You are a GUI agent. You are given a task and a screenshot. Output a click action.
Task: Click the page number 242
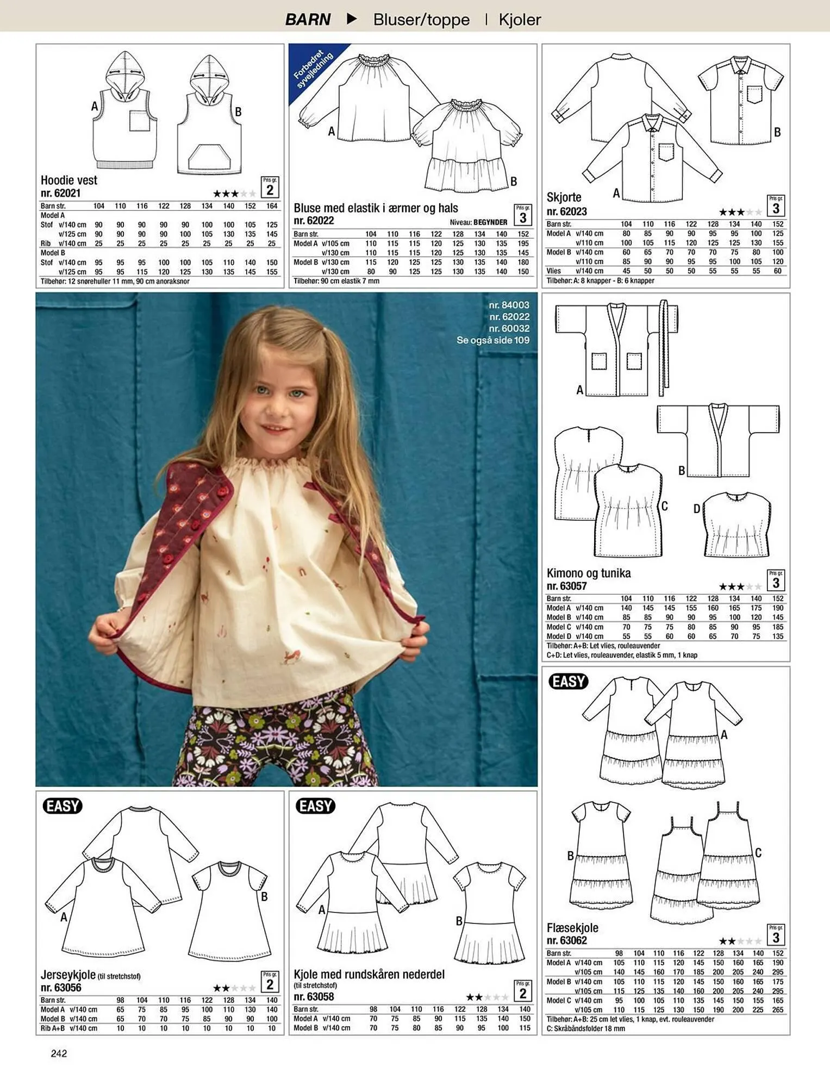pyautogui.click(x=59, y=1053)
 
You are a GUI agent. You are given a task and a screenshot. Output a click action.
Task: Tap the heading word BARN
pyautogui.click(x=308, y=20)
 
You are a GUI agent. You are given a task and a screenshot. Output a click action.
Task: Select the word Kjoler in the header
pyautogui.click(x=520, y=20)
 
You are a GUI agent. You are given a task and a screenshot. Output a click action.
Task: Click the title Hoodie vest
pyautogui.click(x=69, y=180)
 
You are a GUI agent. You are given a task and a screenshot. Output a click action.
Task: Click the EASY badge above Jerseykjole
pyautogui.click(x=63, y=805)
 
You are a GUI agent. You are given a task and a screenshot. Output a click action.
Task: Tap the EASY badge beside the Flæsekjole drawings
pyautogui.click(x=569, y=681)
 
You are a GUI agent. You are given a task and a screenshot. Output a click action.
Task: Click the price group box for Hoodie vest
pyautogui.click(x=270, y=187)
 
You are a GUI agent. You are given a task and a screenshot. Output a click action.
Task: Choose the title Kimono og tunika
pyautogui.click(x=589, y=573)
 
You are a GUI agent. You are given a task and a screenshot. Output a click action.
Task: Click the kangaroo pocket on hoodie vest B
pyautogui.click(x=209, y=157)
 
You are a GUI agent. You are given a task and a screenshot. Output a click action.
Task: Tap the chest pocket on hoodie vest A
pyautogui.click(x=140, y=121)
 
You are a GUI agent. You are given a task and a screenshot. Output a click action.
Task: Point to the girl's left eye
pyautogui.click(x=296, y=393)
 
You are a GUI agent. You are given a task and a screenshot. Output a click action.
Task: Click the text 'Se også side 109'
pyautogui.click(x=492, y=340)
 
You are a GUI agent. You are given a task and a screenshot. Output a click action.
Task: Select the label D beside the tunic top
pyautogui.click(x=696, y=509)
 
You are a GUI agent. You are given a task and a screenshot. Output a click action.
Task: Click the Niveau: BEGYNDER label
pyautogui.click(x=478, y=222)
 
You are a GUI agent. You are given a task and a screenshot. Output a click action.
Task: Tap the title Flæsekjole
pyautogui.click(x=572, y=928)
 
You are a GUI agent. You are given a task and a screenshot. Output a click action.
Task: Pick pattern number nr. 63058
pyautogui.click(x=314, y=997)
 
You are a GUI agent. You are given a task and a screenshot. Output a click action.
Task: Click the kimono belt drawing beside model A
pyautogui.click(x=664, y=348)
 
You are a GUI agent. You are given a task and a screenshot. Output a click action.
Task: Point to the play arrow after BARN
pyautogui.click(x=352, y=19)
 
